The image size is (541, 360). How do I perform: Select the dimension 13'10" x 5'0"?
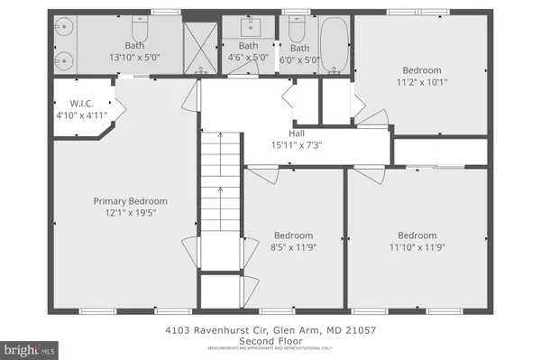click(x=133, y=58)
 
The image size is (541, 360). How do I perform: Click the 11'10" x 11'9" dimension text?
click(x=417, y=246)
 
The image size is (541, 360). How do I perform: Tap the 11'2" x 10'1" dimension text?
click(x=422, y=82)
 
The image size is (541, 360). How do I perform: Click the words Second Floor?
click(x=270, y=340)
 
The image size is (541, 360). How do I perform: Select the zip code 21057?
click(x=359, y=330)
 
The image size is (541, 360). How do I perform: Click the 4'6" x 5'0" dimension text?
click(x=248, y=58)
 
